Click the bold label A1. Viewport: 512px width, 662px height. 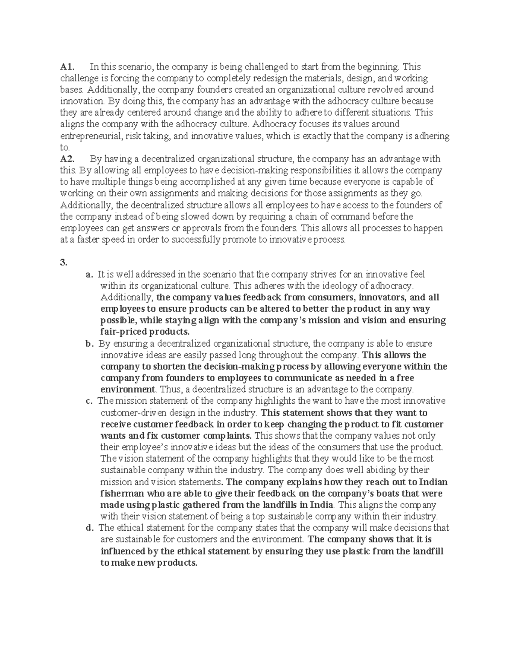(x=67, y=67)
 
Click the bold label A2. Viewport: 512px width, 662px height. (x=67, y=159)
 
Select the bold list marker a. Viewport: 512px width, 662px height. (x=88, y=275)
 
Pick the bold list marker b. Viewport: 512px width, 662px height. (x=88, y=344)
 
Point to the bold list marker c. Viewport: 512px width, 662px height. (x=88, y=401)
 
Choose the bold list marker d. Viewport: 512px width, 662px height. (x=89, y=528)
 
